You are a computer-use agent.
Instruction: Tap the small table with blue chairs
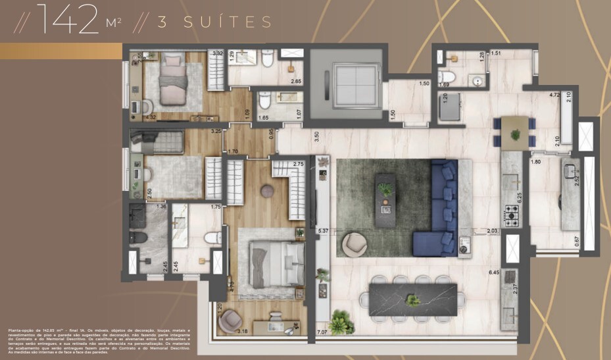click(x=515, y=130)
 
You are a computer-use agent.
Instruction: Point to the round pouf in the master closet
click(x=268, y=192)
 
